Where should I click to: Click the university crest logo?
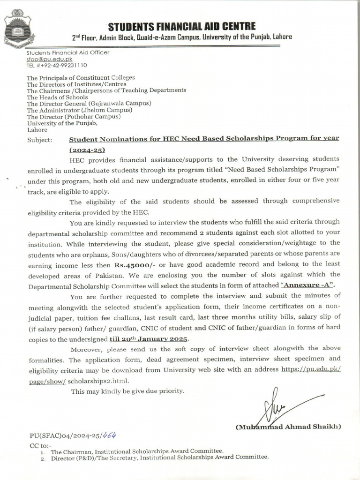(x=17, y=28)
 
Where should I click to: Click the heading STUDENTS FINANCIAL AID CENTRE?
(x=182, y=26)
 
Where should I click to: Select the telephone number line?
(x=57, y=66)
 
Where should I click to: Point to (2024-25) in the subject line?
(x=88, y=150)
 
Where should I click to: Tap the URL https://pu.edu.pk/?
(x=311, y=369)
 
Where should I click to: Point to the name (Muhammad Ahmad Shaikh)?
(x=288, y=427)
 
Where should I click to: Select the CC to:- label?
(x=40, y=445)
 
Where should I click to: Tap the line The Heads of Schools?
(x=57, y=97)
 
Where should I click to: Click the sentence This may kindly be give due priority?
(x=127, y=391)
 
